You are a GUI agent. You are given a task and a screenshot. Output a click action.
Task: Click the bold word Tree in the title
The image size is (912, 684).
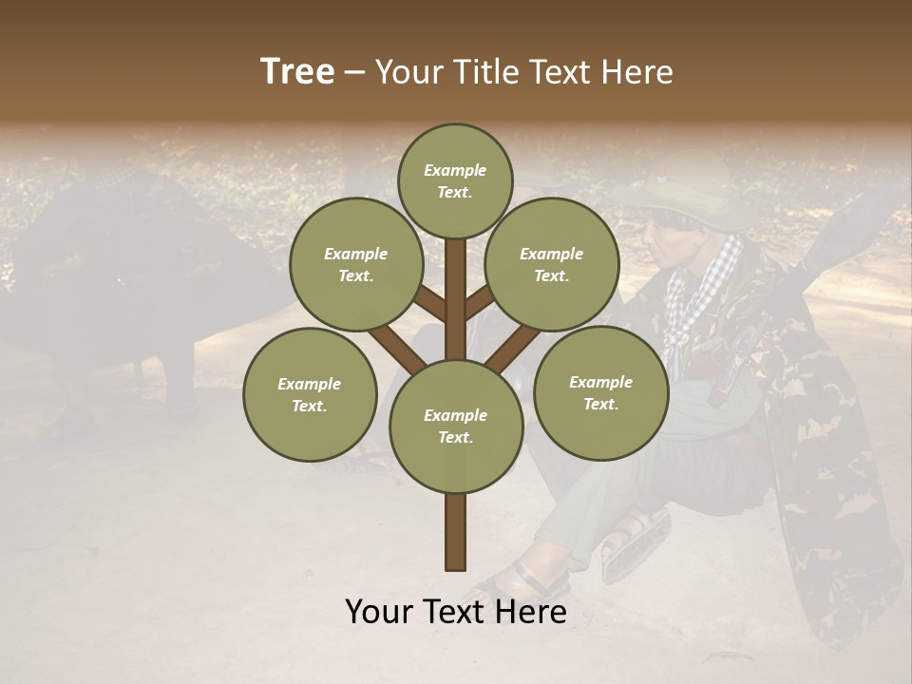click(297, 71)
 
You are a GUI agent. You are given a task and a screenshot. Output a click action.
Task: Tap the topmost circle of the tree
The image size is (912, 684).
click(455, 180)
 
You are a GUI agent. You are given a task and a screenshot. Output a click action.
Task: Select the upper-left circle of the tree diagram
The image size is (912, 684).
click(355, 264)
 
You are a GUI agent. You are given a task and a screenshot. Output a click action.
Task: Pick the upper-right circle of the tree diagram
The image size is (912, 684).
click(552, 264)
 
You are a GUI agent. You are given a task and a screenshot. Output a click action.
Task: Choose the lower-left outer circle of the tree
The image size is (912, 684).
click(310, 394)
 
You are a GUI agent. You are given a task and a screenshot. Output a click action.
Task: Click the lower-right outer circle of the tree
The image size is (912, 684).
click(600, 392)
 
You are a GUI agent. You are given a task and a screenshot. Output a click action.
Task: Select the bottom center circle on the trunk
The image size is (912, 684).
click(455, 427)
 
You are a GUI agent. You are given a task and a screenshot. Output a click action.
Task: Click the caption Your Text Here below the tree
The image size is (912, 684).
click(455, 612)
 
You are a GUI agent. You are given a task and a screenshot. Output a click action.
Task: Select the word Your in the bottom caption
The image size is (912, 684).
click(379, 612)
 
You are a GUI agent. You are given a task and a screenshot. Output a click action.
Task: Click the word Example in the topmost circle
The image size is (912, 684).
click(455, 170)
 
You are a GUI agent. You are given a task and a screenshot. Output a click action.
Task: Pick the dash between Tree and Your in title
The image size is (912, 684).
click(355, 72)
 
